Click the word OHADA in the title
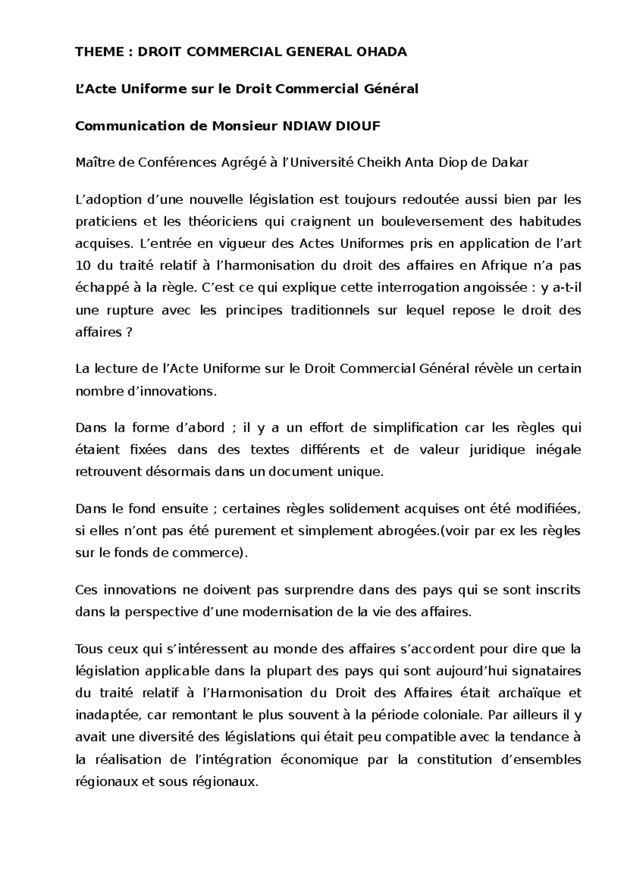coord(381,52)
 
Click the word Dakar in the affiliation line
coord(510,162)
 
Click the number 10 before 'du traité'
coord(82,266)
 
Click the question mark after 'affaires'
coord(130,332)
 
